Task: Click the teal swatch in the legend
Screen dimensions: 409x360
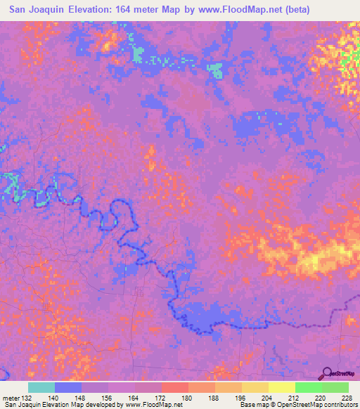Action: tap(41, 387)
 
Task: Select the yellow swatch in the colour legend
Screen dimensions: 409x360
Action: tap(282, 387)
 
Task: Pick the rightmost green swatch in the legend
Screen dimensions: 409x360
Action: tap(335, 387)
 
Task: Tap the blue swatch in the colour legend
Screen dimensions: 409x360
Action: tap(68, 387)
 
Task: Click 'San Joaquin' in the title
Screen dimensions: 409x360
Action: tap(36, 9)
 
